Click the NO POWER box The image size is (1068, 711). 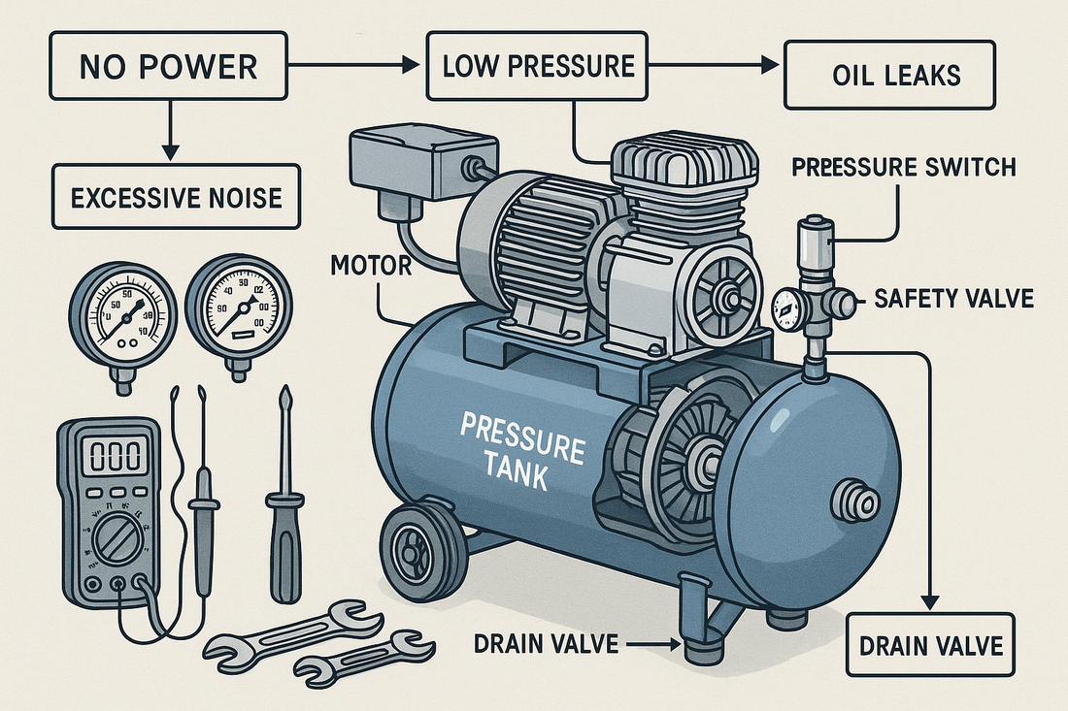coord(168,67)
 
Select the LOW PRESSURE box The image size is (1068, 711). coord(537,67)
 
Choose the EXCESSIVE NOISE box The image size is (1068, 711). coord(176,197)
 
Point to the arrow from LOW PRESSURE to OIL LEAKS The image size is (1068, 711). coord(718,66)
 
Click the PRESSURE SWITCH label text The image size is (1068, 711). coord(903,167)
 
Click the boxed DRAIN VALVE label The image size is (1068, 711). coord(929,645)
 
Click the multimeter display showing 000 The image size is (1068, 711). coord(108,455)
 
